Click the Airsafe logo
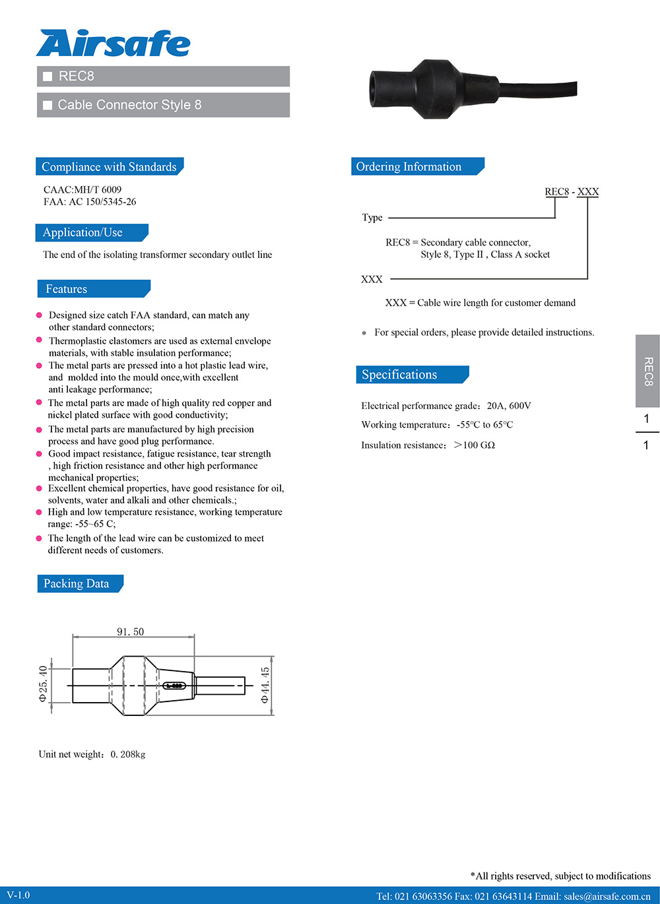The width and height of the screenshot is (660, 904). [x=113, y=44]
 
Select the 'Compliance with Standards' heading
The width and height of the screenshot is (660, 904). [x=109, y=167]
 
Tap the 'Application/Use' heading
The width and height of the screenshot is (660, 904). [x=82, y=233]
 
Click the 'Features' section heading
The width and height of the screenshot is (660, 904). [x=66, y=289]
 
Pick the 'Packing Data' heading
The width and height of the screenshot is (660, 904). [x=76, y=584]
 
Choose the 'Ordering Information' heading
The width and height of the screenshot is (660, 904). [x=409, y=167]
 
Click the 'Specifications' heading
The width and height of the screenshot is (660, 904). [x=399, y=375]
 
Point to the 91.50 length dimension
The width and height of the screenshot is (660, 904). [x=130, y=631]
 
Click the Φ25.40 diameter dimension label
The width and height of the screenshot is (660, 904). [x=44, y=684]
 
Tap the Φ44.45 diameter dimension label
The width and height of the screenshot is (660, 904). [x=265, y=685]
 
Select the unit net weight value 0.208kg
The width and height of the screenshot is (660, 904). [x=128, y=754]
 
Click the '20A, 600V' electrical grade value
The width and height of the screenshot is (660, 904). [x=509, y=406]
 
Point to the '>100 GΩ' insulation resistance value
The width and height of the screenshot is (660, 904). [x=475, y=445]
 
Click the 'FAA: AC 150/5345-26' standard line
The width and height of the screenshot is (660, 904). [x=90, y=202]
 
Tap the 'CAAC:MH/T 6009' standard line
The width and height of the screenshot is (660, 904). [x=82, y=190]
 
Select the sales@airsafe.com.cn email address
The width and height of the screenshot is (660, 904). [x=607, y=896]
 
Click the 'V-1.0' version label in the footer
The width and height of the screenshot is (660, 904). [x=18, y=895]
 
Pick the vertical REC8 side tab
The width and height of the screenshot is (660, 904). [x=647, y=371]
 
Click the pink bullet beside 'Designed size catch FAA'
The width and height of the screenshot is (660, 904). [x=39, y=315]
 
